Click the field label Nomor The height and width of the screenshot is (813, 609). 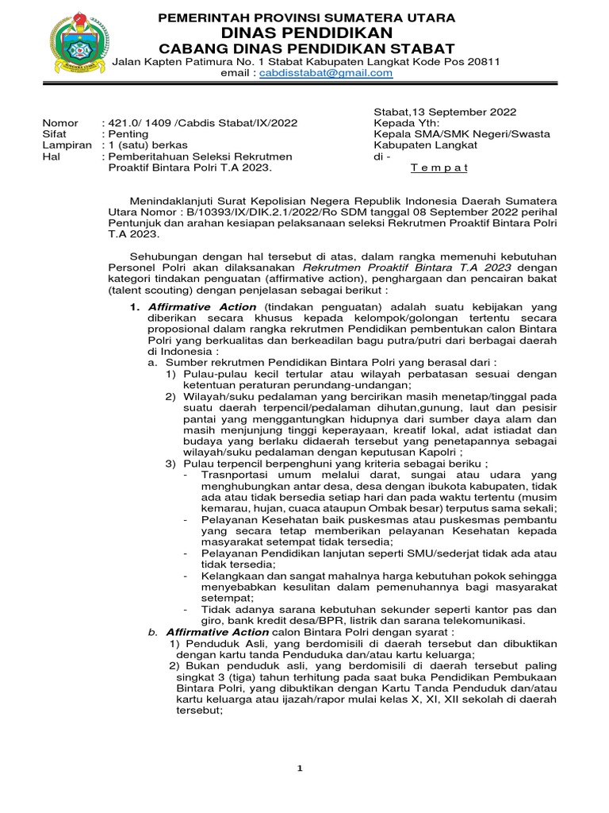click(x=59, y=123)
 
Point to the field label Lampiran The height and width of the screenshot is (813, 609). click(x=64, y=145)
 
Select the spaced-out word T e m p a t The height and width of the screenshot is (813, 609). click(x=439, y=168)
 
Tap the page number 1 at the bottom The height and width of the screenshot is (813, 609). click(x=300, y=769)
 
